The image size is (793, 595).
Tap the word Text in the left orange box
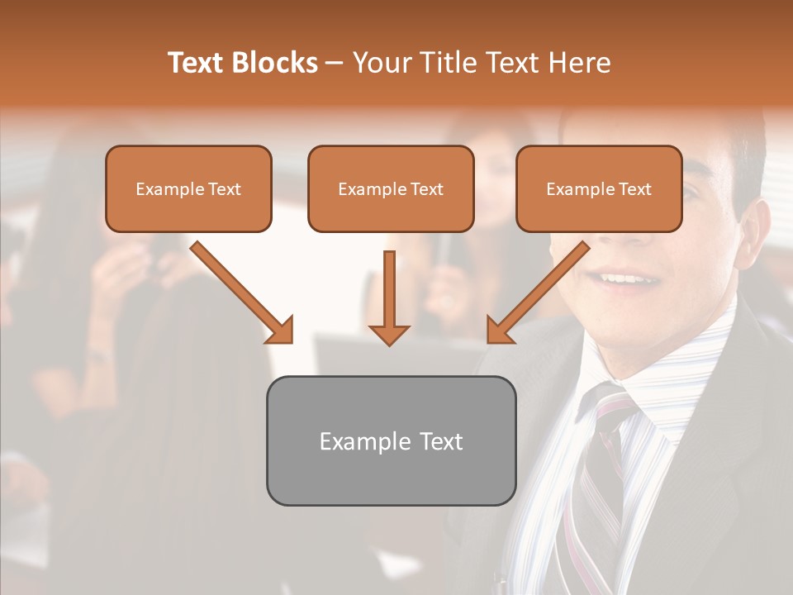(x=225, y=189)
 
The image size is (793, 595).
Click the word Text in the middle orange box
(x=427, y=189)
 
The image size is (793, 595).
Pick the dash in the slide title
(x=335, y=63)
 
